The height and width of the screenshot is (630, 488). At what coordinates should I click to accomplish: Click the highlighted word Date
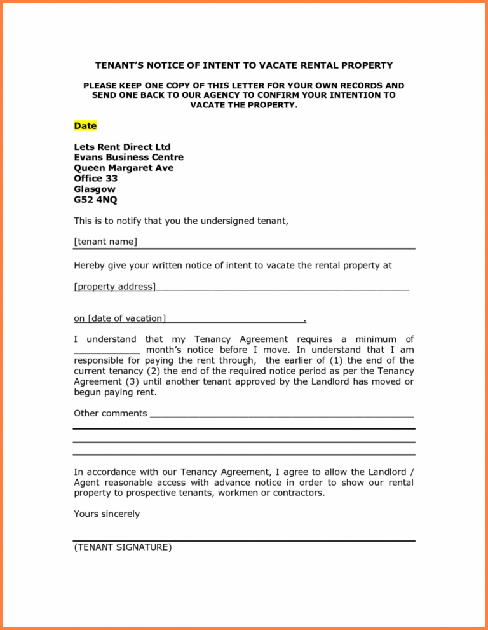[85, 126]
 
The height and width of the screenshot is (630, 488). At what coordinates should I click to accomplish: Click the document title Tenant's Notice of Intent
[244, 65]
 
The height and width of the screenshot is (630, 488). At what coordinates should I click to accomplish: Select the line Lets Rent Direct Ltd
[122, 147]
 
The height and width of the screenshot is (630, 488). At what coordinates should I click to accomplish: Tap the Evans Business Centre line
[128, 157]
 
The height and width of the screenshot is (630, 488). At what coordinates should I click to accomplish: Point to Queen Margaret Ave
[123, 168]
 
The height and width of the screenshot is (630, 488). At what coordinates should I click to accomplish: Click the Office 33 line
[95, 179]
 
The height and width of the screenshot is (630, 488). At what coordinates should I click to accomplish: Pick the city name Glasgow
[95, 189]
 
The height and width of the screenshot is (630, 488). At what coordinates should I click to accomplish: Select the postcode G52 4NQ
[95, 200]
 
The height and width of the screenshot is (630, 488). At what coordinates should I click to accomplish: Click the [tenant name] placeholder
[105, 242]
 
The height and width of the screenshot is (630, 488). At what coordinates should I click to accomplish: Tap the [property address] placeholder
[114, 287]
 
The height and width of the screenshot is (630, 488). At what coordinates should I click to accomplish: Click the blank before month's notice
[106, 350]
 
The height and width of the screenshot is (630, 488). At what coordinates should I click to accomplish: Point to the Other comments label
[111, 413]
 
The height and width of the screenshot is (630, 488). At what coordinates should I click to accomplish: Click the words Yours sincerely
[107, 514]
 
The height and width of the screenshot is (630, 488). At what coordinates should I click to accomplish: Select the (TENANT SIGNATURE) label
[123, 547]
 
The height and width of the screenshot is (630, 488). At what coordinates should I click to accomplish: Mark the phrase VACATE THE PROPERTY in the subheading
[244, 105]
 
